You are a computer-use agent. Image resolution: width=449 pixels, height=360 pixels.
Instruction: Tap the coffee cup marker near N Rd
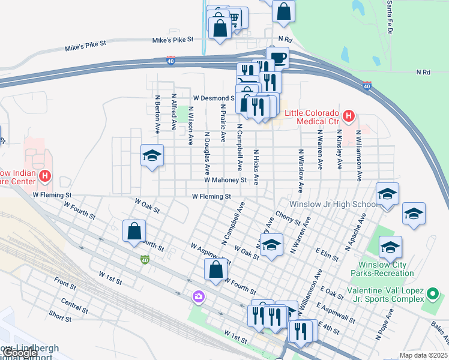[x=277, y=58]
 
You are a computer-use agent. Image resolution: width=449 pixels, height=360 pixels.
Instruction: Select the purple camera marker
[x=197, y=296]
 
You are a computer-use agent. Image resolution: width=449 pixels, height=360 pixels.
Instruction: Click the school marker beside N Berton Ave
[x=152, y=156]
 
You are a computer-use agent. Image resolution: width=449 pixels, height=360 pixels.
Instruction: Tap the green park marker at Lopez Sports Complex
[x=432, y=294]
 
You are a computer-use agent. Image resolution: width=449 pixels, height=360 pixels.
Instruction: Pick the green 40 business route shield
[x=145, y=260]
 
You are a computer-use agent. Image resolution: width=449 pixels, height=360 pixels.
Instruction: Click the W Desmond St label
[x=213, y=98]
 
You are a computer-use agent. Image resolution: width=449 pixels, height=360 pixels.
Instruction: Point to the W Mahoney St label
[x=225, y=179]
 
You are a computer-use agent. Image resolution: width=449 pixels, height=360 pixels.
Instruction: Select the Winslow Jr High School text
[x=332, y=205]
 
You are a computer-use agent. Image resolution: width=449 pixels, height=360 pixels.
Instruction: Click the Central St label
[x=74, y=306]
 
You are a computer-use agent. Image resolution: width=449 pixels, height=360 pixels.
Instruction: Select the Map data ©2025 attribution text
[x=423, y=355]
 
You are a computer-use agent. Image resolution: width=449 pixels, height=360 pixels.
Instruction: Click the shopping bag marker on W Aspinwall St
[x=216, y=269]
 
